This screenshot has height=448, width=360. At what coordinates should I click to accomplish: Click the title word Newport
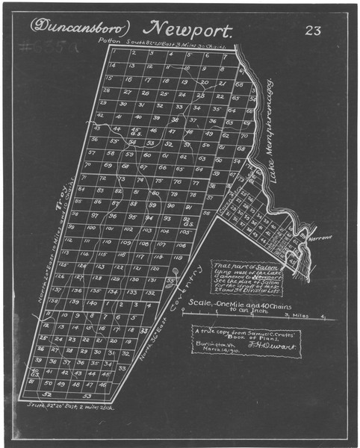click(x=193, y=29)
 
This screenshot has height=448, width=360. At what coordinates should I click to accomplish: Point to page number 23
click(x=313, y=30)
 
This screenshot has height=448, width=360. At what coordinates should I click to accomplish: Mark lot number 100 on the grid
click(x=90, y=228)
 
